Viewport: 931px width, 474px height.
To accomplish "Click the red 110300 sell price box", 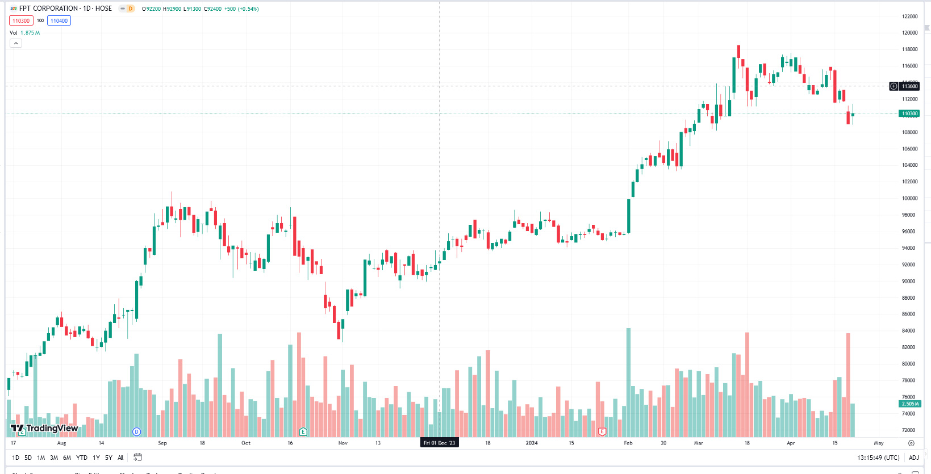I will (x=21, y=21).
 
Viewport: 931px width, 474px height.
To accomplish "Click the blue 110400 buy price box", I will (x=59, y=21).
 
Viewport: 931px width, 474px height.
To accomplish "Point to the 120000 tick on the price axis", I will (x=909, y=33).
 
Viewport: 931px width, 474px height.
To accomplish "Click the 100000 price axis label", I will (x=909, y=199).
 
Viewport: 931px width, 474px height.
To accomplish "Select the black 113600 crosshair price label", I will (x=909, y=86).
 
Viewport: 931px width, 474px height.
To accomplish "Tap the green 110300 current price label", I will (x=909, y=114).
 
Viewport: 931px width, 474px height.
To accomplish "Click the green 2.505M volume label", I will (x=909, y=404).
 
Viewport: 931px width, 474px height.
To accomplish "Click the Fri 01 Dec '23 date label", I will (x=439, y=443).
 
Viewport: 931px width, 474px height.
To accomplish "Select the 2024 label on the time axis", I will (x=532, y=443).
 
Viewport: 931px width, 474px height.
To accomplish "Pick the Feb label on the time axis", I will (x=628, y=443).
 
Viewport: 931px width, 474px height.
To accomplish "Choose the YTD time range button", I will (x=82, y=458).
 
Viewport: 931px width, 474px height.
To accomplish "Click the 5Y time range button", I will (x=108, y=458).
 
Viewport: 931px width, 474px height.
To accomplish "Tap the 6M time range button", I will (x=67, y=458).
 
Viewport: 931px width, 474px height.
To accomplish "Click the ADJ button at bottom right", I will (x=913, y=458).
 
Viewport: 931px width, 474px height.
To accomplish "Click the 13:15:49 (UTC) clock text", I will (x=878, y=458).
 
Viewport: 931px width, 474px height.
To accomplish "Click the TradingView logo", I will (x=44, y=428).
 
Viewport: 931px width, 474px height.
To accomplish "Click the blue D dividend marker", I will (x=136, y=432).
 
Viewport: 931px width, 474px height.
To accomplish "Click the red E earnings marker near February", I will (x=602, y=432).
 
